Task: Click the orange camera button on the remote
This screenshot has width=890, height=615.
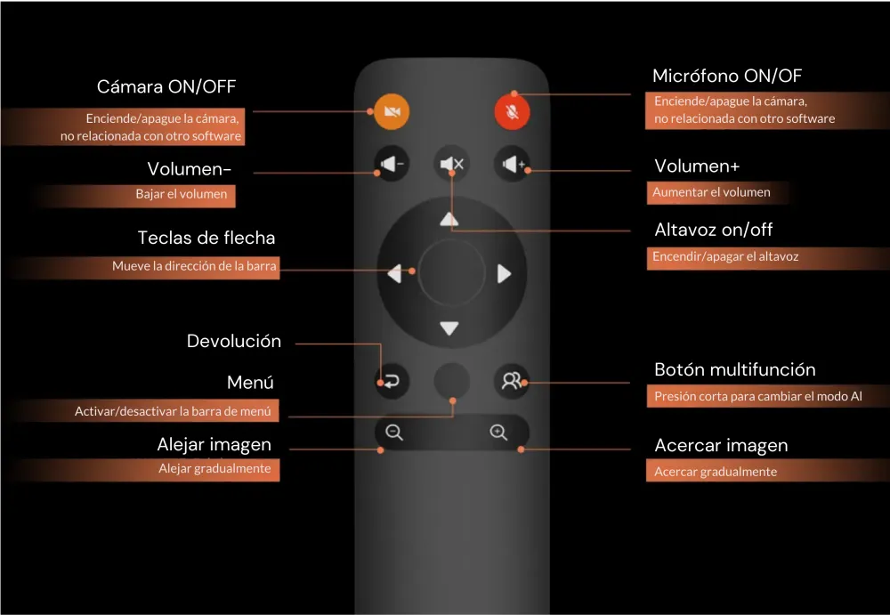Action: click(x=390, y=111)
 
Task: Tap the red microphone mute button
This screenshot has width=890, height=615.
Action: click(x=512, y=112)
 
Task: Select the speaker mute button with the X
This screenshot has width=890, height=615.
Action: click(x=451, y=164)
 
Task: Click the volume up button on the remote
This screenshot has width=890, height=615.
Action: click(x=512, y=164)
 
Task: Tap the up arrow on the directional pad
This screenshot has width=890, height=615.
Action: click(x=450, y=218)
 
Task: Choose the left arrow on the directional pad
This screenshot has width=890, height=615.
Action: click(x=396, y=274)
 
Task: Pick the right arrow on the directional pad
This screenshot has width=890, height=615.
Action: click(x=504, y=273)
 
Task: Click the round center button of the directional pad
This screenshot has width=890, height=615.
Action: click(x=450, y=273)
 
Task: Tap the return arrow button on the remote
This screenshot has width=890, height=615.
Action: click(x=391, y=381)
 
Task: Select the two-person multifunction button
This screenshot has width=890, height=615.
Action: click(x=511, y=381)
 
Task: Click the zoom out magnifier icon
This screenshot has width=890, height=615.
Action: click(x=394, y=433)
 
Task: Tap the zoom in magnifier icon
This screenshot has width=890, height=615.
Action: click(x=498, y=433)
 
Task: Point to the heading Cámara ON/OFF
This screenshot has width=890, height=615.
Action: click(x=166, y=87)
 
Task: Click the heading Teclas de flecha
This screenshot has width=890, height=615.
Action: click(x=206, y=238)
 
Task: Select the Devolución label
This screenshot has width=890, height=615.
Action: click(x=233, y=341)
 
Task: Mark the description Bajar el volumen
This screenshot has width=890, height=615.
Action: click(x=182, y=194)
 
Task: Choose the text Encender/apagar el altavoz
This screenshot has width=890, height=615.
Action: click(x=725, y=256)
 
